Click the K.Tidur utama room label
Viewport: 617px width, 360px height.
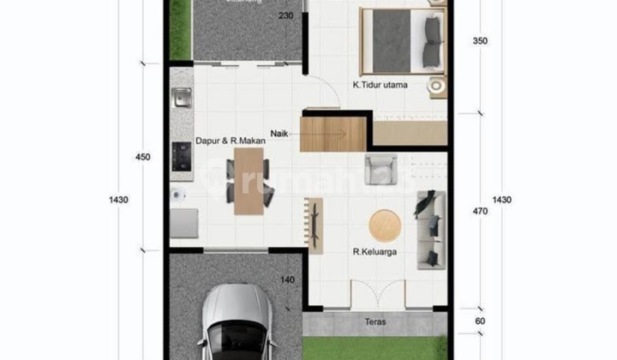380,85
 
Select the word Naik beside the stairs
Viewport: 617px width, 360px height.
279,134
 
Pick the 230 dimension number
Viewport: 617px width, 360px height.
285,16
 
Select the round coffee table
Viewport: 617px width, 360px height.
385,225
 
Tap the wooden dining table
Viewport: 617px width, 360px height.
249,181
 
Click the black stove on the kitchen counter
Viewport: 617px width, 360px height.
181,155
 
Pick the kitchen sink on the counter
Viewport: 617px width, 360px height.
181,99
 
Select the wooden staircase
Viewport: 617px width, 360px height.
333,134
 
